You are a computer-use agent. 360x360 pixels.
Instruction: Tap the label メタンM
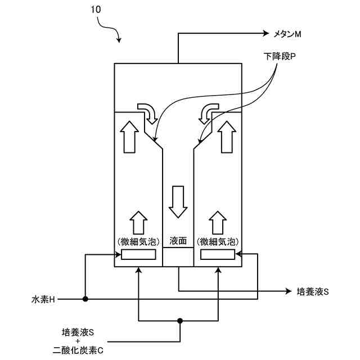coord(287,34)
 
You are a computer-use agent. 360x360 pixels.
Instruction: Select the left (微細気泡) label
coord(138,241)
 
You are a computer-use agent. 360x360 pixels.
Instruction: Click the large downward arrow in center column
coord(178,200)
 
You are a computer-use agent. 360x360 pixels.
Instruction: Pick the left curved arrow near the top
coord(148,112)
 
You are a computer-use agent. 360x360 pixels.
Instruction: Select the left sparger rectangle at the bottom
coord(138,254)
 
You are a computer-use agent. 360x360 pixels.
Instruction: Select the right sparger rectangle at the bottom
coord(218,254)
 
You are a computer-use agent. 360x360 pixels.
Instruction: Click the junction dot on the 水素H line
coord(85,299)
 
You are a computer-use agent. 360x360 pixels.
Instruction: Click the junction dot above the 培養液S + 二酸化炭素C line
coord(180,321)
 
